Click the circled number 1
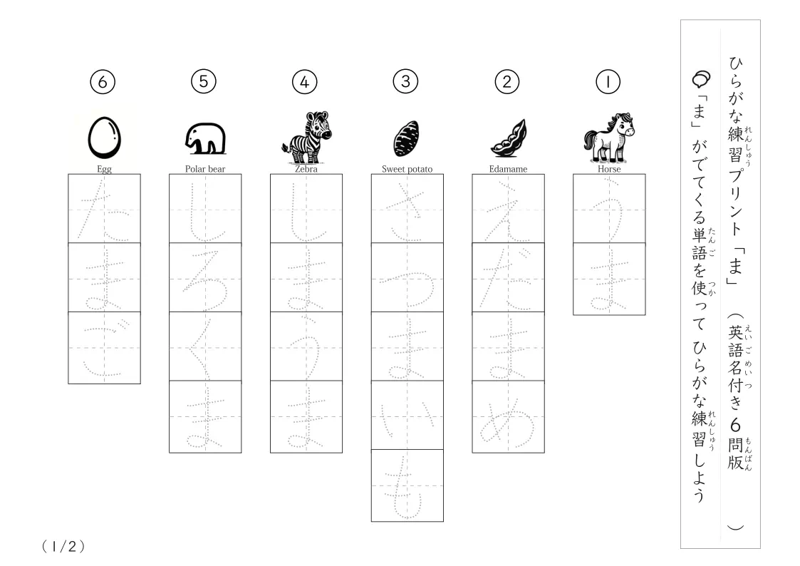coord(608,82)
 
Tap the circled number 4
coord(305,82)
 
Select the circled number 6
coord(103,82)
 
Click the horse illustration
coord(609,138)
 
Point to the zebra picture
coord(306,138)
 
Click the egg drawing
coord(105,138)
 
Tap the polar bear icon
coord(206,138)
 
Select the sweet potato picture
coord(407,138)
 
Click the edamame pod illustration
coord(508,138)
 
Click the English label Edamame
coord(508,169)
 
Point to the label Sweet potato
coord(407,169)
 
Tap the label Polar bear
coord(205,169)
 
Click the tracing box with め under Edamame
coord(508,417)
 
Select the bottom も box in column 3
coord(407,486)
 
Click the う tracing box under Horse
coord(609,209)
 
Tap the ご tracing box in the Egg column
coord(105,348)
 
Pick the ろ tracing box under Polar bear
coord(206,277)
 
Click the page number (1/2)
coord(63,547)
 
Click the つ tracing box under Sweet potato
coord(407,277)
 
